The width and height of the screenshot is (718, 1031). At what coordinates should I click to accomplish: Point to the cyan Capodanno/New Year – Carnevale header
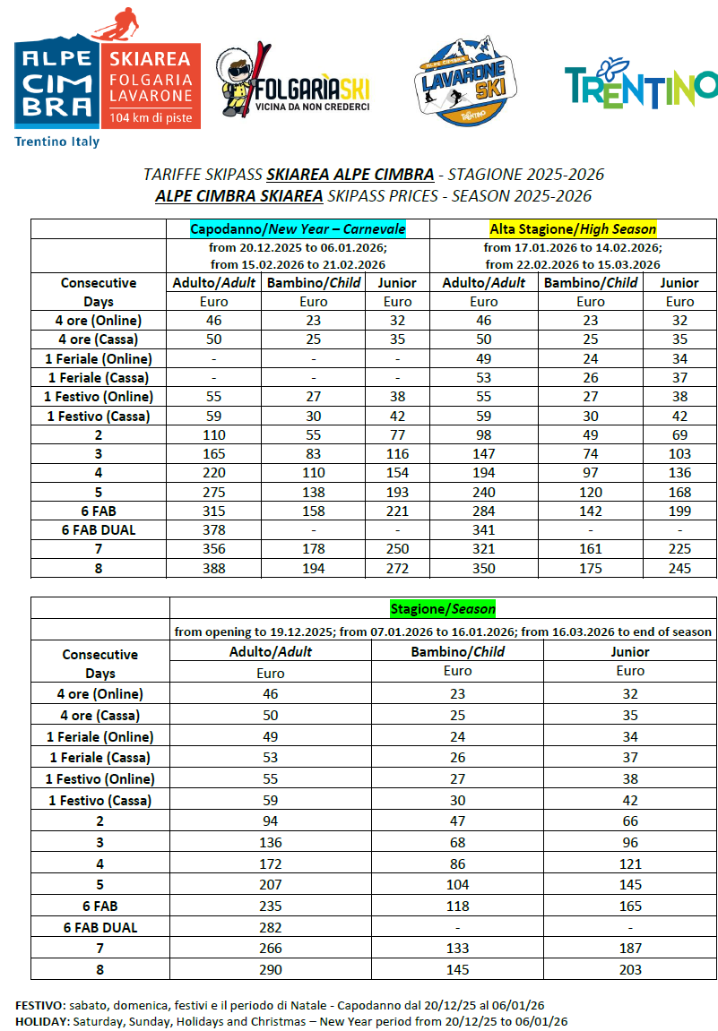click(x=298, y=228)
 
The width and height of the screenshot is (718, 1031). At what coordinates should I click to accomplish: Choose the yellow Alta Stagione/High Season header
click(x=573, y=228)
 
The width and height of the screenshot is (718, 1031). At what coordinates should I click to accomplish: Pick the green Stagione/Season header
click(x=443, y=608)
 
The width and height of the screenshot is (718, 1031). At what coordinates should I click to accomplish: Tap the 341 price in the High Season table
click(x=484, y=529)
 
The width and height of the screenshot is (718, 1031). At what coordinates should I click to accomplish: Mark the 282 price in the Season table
click(x=270, y=928)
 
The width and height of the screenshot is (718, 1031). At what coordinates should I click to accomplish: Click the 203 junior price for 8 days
click(x=629, y=969)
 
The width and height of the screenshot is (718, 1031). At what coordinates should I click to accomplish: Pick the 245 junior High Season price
click(x=680, y=568)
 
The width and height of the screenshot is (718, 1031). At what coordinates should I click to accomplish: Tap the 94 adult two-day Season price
click(x=270, y=821)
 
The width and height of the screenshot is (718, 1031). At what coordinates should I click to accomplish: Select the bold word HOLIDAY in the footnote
click(x=40, y=1021)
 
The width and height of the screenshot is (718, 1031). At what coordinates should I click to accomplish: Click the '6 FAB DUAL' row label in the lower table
click(x=99, y=928)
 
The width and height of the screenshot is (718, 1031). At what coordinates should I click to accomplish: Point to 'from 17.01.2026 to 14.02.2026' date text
click(x=572, y=247)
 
